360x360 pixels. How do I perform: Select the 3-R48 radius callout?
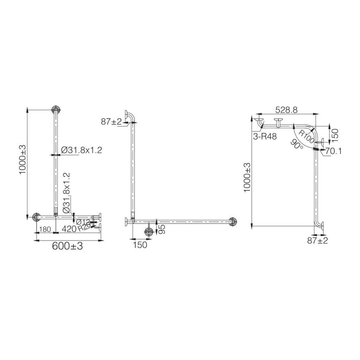pyautogui.click(x=265, y=137)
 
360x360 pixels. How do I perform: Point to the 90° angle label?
pyautogui.click(x=297, y=145)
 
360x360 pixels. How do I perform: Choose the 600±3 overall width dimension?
pyautogui.click(x=67, y=246)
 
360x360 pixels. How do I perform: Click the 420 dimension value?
pyautogui.click(x=69, y=229)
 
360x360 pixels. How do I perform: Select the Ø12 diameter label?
pyautogui.click(x=83, y=222)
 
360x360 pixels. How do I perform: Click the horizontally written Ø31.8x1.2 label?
pyautogui.click(x=81, y=150)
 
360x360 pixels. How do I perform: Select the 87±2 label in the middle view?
pyautogui.click(x=111, y=122)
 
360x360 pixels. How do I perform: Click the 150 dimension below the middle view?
pyautogui.click(x=140, y=245)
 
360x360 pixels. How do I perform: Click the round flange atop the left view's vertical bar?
pyautogui.click(x=55, y=109)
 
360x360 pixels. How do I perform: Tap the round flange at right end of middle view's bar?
pyautogui.click(x=232, y=221)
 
